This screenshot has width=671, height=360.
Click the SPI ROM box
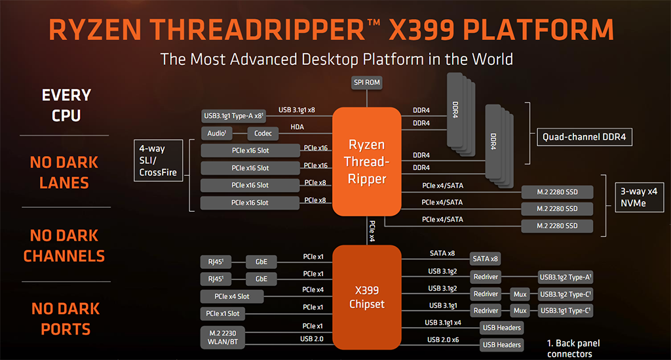367,83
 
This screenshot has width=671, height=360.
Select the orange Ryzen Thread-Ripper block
367,161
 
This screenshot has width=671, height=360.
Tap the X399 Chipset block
367,297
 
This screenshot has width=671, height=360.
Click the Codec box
263,134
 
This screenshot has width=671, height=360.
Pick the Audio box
216,134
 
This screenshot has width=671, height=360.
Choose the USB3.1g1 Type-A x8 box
234,116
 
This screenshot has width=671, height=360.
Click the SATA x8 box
485,259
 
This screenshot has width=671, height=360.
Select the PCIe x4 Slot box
232,296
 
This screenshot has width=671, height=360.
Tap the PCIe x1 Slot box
223,313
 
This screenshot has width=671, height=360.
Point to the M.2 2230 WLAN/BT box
223,337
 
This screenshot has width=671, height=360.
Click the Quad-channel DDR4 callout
584,137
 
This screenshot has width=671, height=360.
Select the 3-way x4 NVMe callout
639,197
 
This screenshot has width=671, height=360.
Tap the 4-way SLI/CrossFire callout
159,161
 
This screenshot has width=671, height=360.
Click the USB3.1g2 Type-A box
566,277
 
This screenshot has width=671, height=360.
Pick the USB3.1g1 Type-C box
566,311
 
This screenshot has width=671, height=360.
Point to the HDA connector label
297,127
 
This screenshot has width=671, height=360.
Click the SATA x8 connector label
442,253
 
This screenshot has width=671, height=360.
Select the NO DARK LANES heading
64,172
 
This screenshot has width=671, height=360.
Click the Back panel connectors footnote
573,348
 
